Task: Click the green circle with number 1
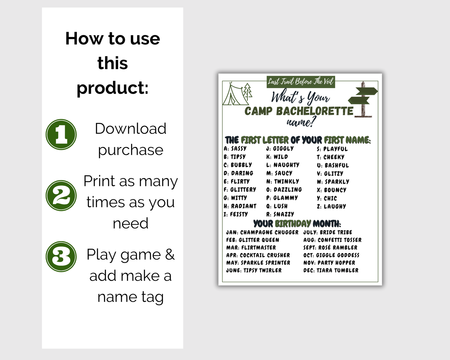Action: click(61, 135)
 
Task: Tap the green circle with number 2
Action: click(61, 196)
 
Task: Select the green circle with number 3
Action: click(61, 257)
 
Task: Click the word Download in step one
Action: click(131, 128)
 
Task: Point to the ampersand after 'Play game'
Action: click(170, 254)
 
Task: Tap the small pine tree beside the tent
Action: click(248, 91)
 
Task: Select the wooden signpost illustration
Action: click(363, 99)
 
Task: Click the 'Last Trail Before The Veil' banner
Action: click(301, 82)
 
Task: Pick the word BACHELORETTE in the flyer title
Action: click(315, 111)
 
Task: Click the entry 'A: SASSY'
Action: click(235, 149)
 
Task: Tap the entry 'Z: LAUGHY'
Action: click(331, 206)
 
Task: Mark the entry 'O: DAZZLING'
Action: click(284, 190)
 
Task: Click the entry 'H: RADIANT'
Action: click(240, 206)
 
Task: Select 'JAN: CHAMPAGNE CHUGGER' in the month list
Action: click(262, 232)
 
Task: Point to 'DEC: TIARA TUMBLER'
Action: click(331, 270)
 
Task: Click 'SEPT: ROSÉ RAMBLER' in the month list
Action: click(330, 248)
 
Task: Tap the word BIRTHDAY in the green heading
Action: click(293, 224)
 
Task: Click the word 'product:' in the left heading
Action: click(112, 88)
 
